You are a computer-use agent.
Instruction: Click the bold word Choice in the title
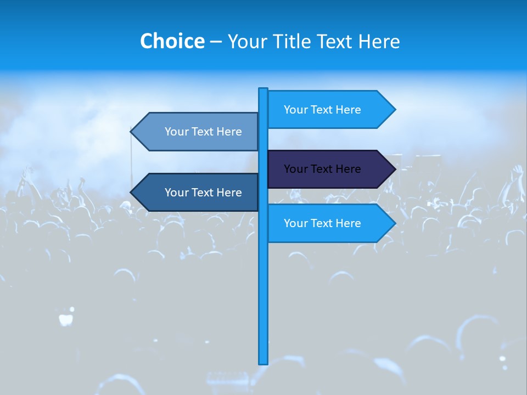172,41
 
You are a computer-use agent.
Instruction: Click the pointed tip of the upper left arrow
132,132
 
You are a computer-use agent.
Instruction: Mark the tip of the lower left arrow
132,193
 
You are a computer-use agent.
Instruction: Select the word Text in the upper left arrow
203,132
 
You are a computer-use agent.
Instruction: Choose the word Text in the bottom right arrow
322,223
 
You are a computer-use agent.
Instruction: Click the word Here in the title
379,41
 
